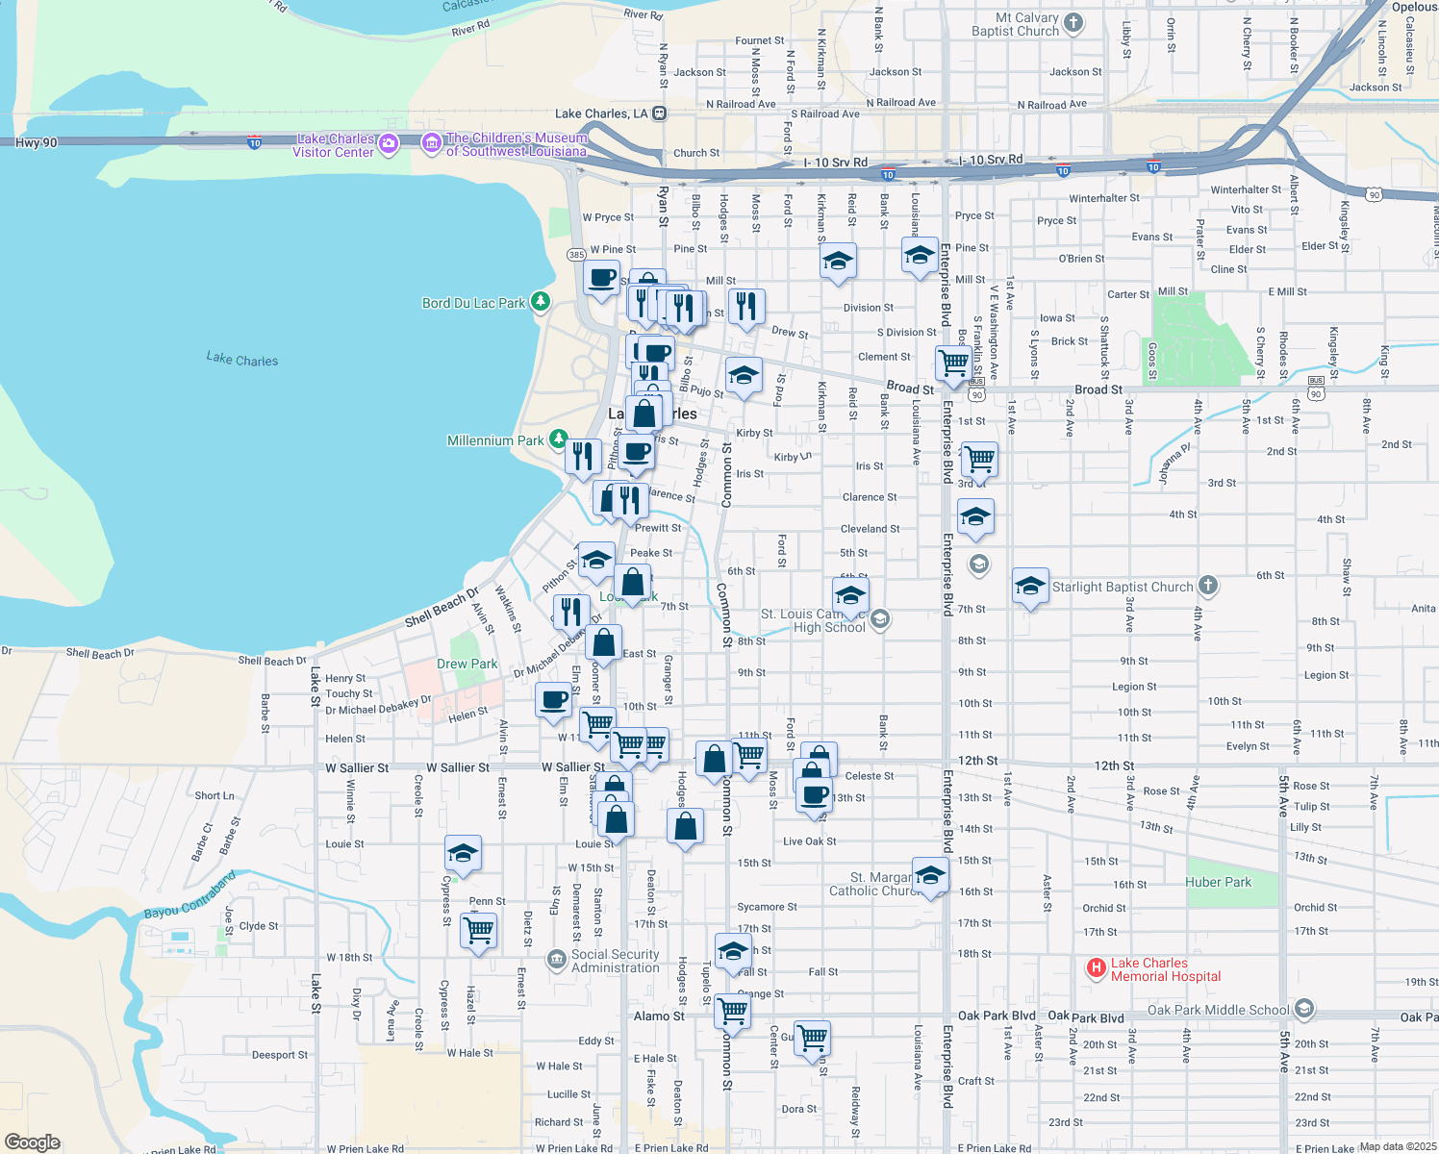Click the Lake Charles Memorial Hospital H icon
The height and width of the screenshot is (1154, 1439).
1096,968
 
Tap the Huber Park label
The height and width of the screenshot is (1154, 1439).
1218,882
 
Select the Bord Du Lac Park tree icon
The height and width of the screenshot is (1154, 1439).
541,302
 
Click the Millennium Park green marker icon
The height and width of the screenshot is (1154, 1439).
558,440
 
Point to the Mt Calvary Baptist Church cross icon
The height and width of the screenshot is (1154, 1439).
1073,23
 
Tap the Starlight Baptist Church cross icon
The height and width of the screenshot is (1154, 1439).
1208,586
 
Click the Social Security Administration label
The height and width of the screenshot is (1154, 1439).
616,961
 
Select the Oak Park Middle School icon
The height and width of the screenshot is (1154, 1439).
1303,1009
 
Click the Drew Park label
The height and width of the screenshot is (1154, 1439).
467,664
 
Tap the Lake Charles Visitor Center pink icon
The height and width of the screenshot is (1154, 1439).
389,145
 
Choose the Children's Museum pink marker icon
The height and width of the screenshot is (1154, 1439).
432,144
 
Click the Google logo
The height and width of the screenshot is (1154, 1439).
32,1142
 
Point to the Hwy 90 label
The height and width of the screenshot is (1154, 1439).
37,142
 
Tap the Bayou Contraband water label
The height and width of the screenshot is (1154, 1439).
189,895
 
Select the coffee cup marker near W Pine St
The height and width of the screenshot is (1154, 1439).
602,279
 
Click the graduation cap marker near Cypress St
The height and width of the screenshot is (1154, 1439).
463,853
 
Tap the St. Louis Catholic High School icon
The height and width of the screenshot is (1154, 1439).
879,620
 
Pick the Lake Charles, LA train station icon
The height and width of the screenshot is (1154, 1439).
659,113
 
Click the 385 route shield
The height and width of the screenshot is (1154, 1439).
576,255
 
